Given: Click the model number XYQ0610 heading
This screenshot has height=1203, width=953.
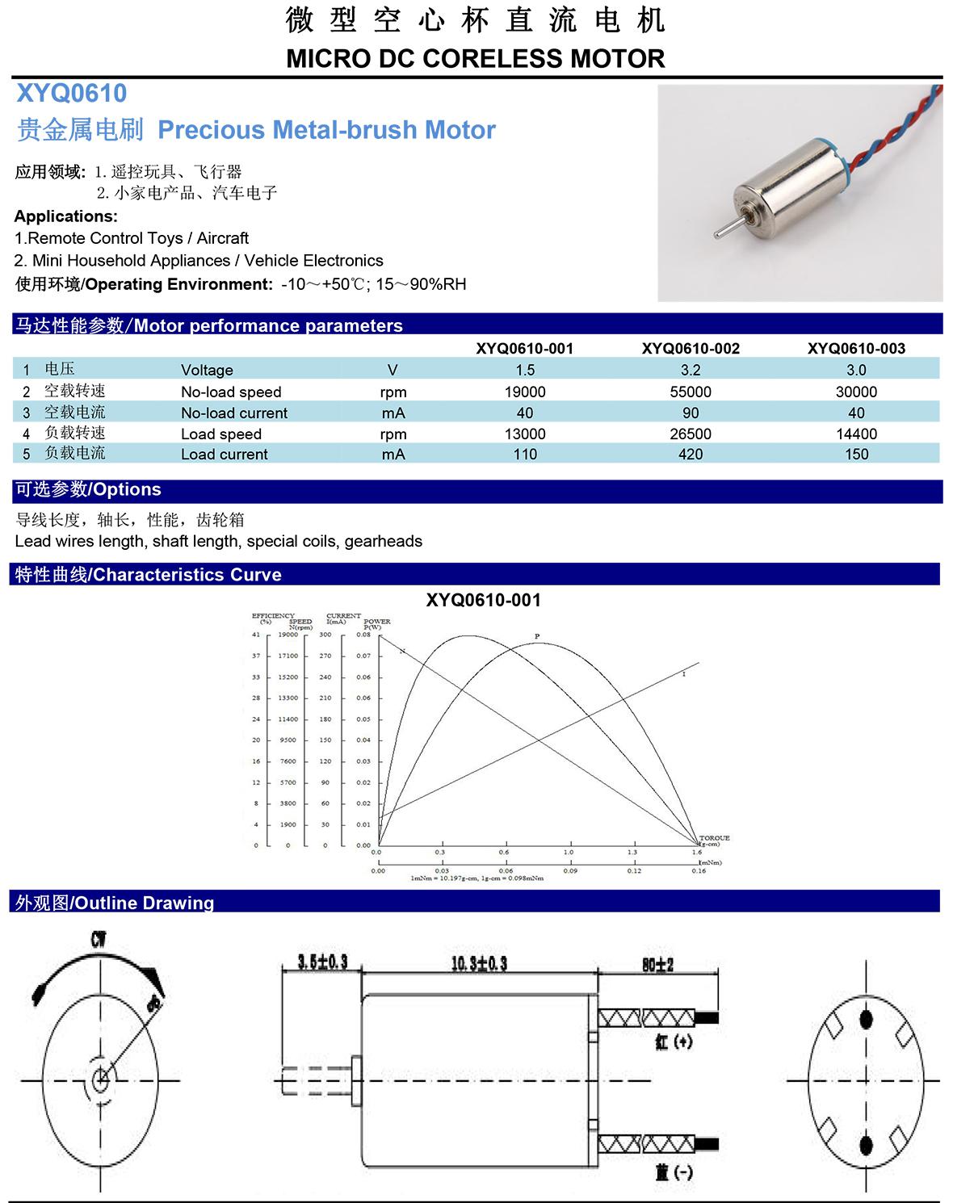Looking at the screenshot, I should (x=72, y=94).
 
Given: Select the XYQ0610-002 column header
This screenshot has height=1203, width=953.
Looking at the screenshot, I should (x=691, y=349).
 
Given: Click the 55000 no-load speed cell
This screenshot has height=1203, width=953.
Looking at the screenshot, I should (x=691, y=392).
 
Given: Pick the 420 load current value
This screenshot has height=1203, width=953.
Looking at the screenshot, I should (x=691, y=455).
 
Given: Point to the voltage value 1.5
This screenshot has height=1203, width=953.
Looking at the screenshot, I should (x=525, y=370).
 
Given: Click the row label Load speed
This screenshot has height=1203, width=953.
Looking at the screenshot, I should (x=220, y=434).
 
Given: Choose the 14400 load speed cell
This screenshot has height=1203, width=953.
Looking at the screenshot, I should (x=856, y=434).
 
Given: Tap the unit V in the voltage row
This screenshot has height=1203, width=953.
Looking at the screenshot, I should (x=393, y=370).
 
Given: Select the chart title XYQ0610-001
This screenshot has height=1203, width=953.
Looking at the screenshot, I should (x=483, y=601).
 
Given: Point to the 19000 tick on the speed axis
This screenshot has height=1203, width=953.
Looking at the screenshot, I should (x=288, y=635).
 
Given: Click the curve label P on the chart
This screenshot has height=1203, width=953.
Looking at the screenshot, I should (x=537, y=637).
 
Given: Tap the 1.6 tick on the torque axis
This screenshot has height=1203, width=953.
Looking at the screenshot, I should (x=696, y=853).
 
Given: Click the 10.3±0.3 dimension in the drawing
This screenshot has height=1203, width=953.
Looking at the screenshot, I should (x=479, y=963).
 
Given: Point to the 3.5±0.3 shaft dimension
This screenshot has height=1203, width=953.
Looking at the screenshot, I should (x=321, y=962).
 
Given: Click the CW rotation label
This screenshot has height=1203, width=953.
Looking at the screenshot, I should (x=98, y=939).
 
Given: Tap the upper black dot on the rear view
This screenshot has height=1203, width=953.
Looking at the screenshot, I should (x=866, y=1019).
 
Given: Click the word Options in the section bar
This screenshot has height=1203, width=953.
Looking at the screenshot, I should (x=128, y=489).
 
